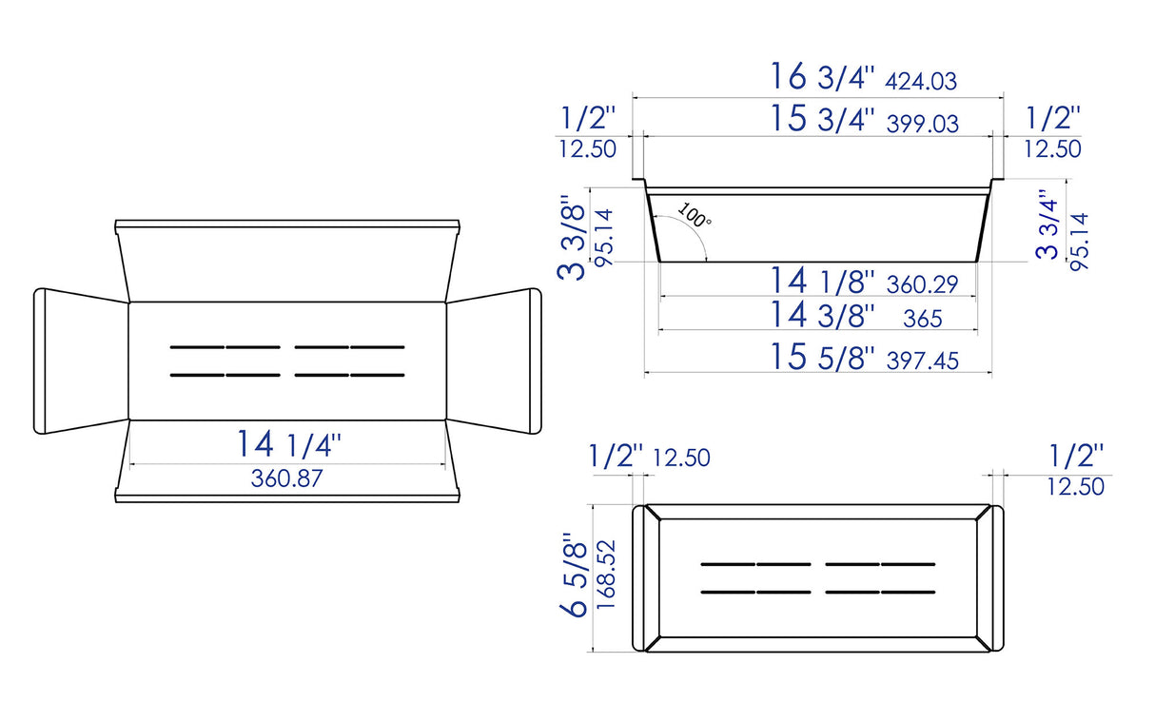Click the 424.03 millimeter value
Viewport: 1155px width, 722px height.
(x=920, y=82)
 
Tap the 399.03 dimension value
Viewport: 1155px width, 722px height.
(x=922, y=124)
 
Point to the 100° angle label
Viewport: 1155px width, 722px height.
(x=695, y=216)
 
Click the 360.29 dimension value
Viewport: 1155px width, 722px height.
(x=921, y=283)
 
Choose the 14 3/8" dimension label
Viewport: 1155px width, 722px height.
(x=822, y=315)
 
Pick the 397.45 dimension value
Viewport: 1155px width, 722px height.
(x=921, y=361)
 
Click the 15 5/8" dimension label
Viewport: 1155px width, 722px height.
(x=822, y=358)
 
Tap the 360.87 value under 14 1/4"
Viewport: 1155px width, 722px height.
(x=286, y=478)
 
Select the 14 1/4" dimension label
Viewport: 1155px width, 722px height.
(x=288, y=443)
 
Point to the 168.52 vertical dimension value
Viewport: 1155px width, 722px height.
(x=608, y=576)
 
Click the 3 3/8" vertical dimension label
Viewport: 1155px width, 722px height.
(x=571, y=238)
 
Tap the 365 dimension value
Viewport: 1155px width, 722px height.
(x=922, y=319)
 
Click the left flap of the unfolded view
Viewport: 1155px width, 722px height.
(x=81, y=361)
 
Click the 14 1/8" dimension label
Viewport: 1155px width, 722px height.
(x=822, y=282)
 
